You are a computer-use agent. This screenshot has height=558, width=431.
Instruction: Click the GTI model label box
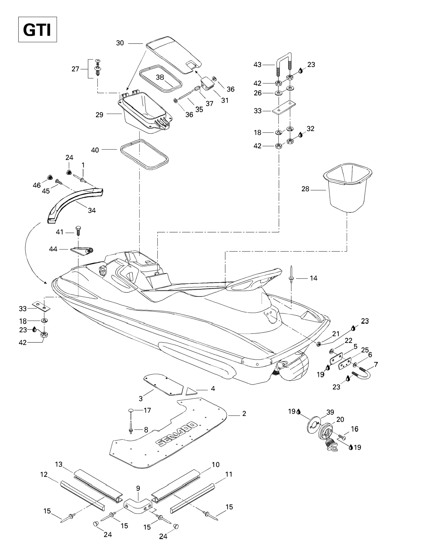coord(38,29)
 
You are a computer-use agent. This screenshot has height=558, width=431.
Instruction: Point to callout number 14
coord(313,278)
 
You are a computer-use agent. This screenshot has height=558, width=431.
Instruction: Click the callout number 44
coord(53,249)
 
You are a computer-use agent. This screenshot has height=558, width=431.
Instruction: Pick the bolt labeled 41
coord(78,231)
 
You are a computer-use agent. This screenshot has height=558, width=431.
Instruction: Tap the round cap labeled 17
coord(131,410)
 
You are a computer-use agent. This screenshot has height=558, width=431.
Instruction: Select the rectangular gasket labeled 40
coord(144,155)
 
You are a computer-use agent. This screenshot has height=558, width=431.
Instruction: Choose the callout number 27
coord(75,69)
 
